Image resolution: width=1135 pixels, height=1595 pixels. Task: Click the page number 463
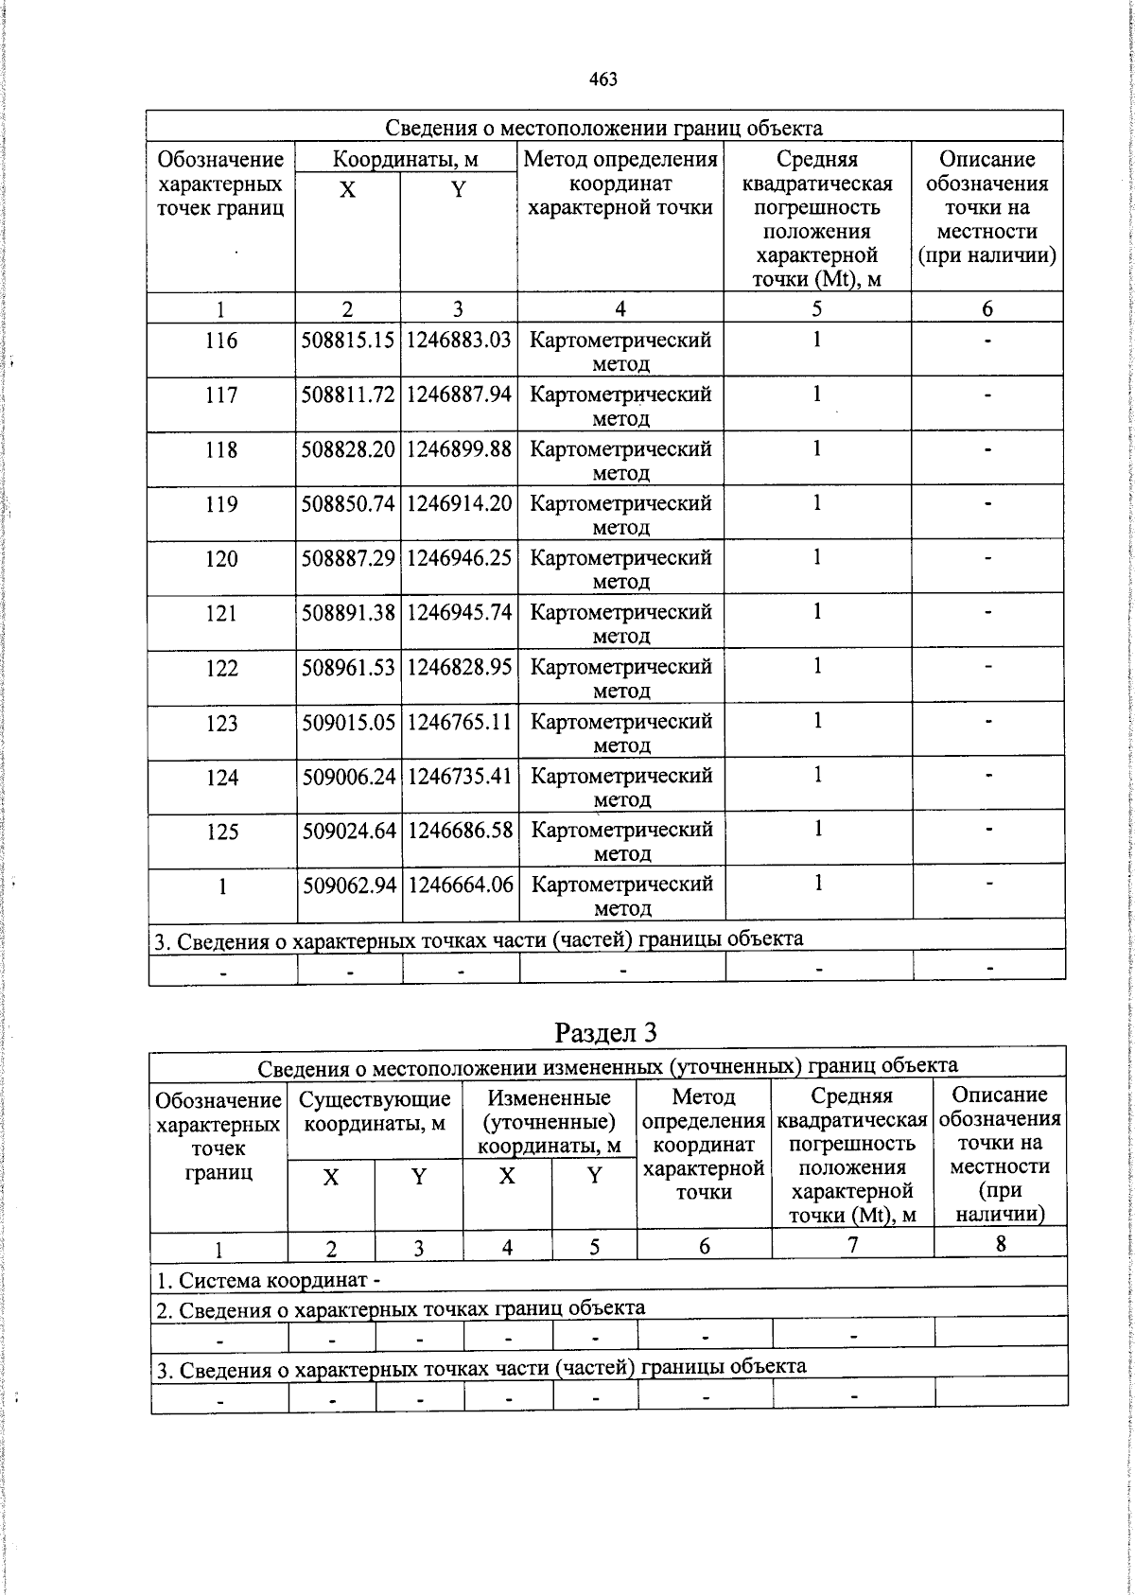[602, 79]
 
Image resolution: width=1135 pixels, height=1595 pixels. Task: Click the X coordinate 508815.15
[347, 340]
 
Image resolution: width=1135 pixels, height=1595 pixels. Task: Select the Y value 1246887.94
[459, 394]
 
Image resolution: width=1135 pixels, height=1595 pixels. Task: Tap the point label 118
[220, 449]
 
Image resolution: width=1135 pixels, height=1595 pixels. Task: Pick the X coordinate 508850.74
[347, 503]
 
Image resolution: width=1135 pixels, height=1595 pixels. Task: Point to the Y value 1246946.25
[459, 558]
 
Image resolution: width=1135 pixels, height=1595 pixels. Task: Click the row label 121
[220, 613]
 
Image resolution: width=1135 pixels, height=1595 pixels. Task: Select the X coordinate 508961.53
[347, 668]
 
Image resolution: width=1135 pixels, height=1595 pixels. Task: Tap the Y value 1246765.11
[460, 723]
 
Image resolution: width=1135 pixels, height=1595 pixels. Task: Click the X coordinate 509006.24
[348, 777]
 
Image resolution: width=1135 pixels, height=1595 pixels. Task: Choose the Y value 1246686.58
[460, 831]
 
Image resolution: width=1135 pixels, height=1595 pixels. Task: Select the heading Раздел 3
[605, 1032]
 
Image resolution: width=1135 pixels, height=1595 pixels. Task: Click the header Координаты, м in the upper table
[405, 159]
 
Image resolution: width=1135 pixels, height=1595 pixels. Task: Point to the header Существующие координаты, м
[375, 1111]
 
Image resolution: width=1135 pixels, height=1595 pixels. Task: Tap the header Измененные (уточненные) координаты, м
[549, 1122]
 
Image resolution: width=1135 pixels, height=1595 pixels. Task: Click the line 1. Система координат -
[268, 1280]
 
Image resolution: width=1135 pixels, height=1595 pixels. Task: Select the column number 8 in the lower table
[1000, 1244]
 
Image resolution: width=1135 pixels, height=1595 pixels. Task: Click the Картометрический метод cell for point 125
[620, 841]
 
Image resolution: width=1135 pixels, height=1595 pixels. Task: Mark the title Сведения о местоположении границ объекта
[603, 128]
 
